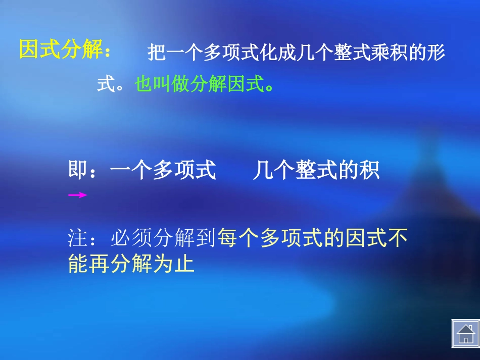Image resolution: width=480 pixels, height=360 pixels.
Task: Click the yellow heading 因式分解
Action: coord(61,50)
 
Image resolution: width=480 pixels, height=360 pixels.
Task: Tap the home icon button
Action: coord(465,333)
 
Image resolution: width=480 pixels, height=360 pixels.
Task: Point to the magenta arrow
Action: coord(78,195)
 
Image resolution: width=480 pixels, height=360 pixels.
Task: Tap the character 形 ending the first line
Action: coord(436,53)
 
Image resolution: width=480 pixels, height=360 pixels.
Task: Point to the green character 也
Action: coord(144,85)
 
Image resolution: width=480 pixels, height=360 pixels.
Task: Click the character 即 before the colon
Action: coord(78,171)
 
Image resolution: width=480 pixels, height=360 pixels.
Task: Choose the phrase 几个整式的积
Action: coord(316,171)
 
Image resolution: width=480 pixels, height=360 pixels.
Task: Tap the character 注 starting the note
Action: coord(77,238)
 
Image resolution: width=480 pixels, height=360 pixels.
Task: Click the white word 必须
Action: coord(131,238)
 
